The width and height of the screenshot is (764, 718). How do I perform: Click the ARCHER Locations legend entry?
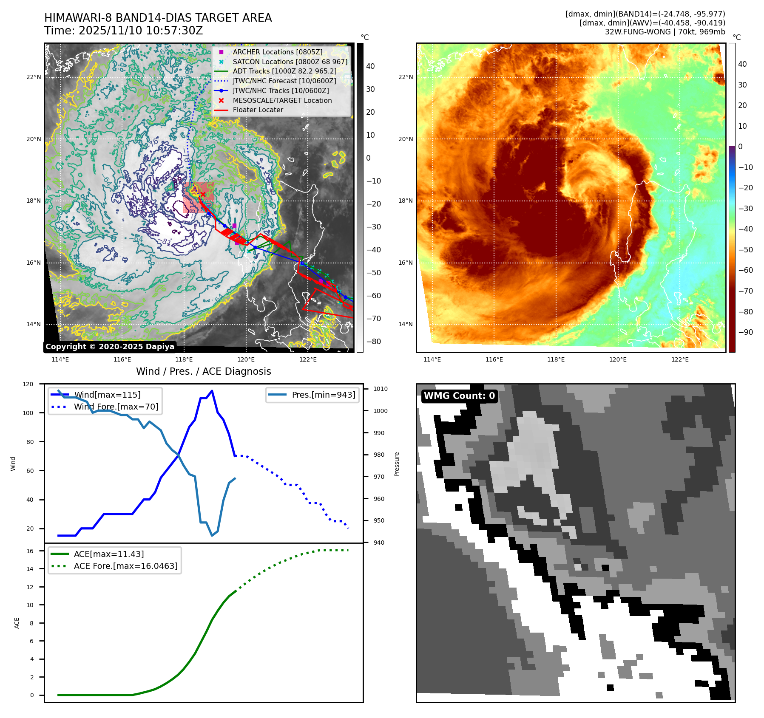click(277, 52)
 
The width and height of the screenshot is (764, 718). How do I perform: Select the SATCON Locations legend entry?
click(290, 62)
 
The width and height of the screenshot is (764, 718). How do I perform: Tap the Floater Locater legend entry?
click(258, 110)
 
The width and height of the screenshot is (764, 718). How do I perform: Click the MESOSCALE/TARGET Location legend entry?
click(282, 100)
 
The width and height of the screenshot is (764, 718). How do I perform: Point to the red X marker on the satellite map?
click(203, 194)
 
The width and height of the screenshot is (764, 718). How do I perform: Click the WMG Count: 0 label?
click(459, 396)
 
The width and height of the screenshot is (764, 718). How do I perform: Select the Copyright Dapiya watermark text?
click(110, 347)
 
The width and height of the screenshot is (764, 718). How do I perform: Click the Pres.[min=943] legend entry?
click(323, 395)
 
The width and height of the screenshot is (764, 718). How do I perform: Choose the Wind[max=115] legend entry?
click(107, 395)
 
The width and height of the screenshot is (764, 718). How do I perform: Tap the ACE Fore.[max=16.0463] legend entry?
click(125, 566)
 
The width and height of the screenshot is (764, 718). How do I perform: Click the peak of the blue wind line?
click(212, 391)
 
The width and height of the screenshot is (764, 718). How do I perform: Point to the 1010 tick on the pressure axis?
click(381, 389)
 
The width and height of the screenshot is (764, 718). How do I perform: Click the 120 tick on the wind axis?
click(28, 384)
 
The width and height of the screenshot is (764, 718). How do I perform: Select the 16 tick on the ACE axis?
click(30, 551)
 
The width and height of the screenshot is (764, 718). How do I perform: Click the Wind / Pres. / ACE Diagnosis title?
click(203, 371)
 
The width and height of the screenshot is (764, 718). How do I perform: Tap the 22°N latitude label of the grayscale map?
click(34, 77)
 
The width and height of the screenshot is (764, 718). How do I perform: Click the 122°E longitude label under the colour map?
click(680, 359)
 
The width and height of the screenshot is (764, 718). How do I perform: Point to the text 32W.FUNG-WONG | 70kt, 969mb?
click(665, 32)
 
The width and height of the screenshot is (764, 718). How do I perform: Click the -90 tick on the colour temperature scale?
click(745, 332)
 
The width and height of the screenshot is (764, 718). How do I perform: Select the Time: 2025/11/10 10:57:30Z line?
click(124, 31)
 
